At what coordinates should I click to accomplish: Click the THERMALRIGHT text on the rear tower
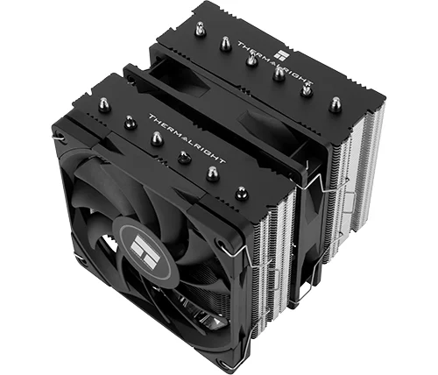coord(275,63)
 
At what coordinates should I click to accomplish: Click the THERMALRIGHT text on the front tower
coord(187,138)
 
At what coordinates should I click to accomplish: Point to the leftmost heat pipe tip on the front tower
coord(103,105)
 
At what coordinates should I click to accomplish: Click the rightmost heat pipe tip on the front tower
coord(242,194)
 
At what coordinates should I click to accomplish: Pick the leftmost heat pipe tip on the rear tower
coord(200,29)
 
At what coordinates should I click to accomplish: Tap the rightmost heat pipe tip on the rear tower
coord(336,104)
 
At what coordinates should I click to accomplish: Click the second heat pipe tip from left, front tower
coord(130,122)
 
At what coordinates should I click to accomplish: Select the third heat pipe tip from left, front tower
coord(157,138)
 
